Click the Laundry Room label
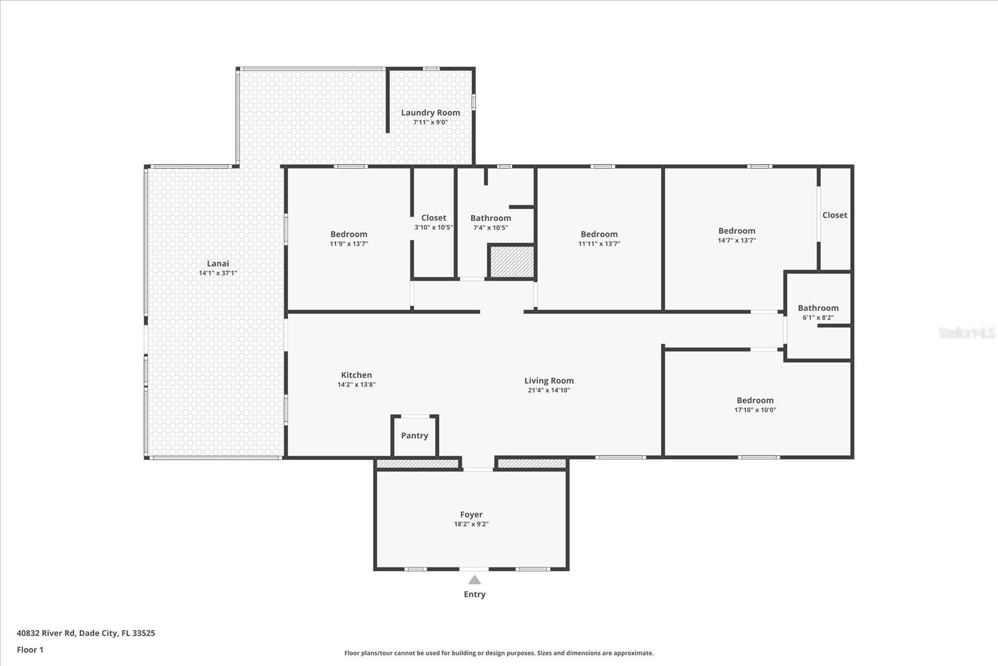[430, 113]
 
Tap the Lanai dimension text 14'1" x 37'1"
[218, 273]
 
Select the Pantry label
[414, 436]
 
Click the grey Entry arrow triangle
[475, 579]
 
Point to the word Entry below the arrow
[475, 594]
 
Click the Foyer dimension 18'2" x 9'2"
[472, 524]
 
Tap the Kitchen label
[356, 375]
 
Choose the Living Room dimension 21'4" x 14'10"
[549, 390]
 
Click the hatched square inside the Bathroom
[512, 262]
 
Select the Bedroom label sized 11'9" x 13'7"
[349, 234]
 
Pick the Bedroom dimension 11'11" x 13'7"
[599, 243]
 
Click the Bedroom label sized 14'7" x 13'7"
[737, 231]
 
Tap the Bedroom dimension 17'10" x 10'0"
[755, 409]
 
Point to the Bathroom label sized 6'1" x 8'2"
[818, 308]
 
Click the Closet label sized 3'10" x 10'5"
[434, 218]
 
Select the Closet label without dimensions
[835, 215]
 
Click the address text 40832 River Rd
[46, 633]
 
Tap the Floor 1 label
[31, 650]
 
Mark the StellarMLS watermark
[966, 333]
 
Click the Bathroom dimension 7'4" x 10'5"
[490, 227]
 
